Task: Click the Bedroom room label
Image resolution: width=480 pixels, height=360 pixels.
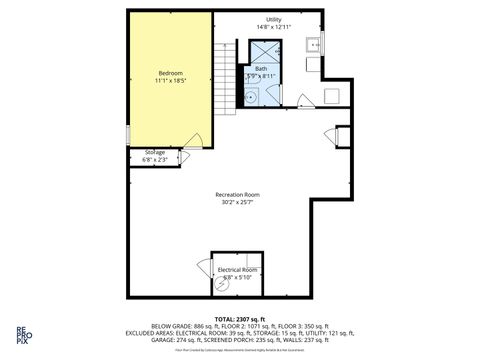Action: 169,73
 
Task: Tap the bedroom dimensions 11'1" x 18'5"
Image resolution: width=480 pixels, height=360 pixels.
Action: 169,81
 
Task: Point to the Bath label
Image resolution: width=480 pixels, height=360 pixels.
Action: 261,68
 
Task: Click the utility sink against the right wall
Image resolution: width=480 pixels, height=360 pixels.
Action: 314,45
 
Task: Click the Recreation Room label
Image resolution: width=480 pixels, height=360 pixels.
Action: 238,194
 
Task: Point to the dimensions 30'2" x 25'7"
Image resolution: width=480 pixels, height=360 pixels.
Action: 238,202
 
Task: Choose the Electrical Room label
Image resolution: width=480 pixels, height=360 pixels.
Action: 238,270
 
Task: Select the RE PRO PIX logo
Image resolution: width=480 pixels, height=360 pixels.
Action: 21,334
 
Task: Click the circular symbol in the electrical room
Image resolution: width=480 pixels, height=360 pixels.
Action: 222,284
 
